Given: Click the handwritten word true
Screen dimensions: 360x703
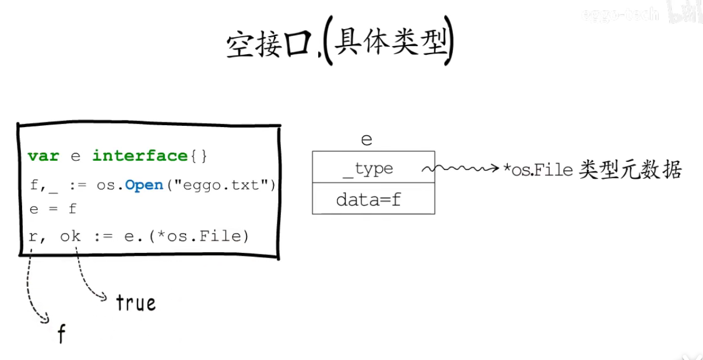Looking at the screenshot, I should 136,303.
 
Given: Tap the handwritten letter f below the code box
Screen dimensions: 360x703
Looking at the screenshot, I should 61,334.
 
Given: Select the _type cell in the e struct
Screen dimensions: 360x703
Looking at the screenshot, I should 373,169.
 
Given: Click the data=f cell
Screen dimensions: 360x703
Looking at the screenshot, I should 373,200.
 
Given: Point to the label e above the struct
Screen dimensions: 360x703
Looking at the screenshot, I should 366,140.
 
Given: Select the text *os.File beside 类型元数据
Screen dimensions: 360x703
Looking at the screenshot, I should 539,170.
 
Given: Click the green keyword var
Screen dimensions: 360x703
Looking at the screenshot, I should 43,156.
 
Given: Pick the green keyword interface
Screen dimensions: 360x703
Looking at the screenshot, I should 139,156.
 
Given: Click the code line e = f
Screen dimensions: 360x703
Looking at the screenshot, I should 52,209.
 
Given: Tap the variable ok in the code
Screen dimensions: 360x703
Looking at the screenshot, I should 70,237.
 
